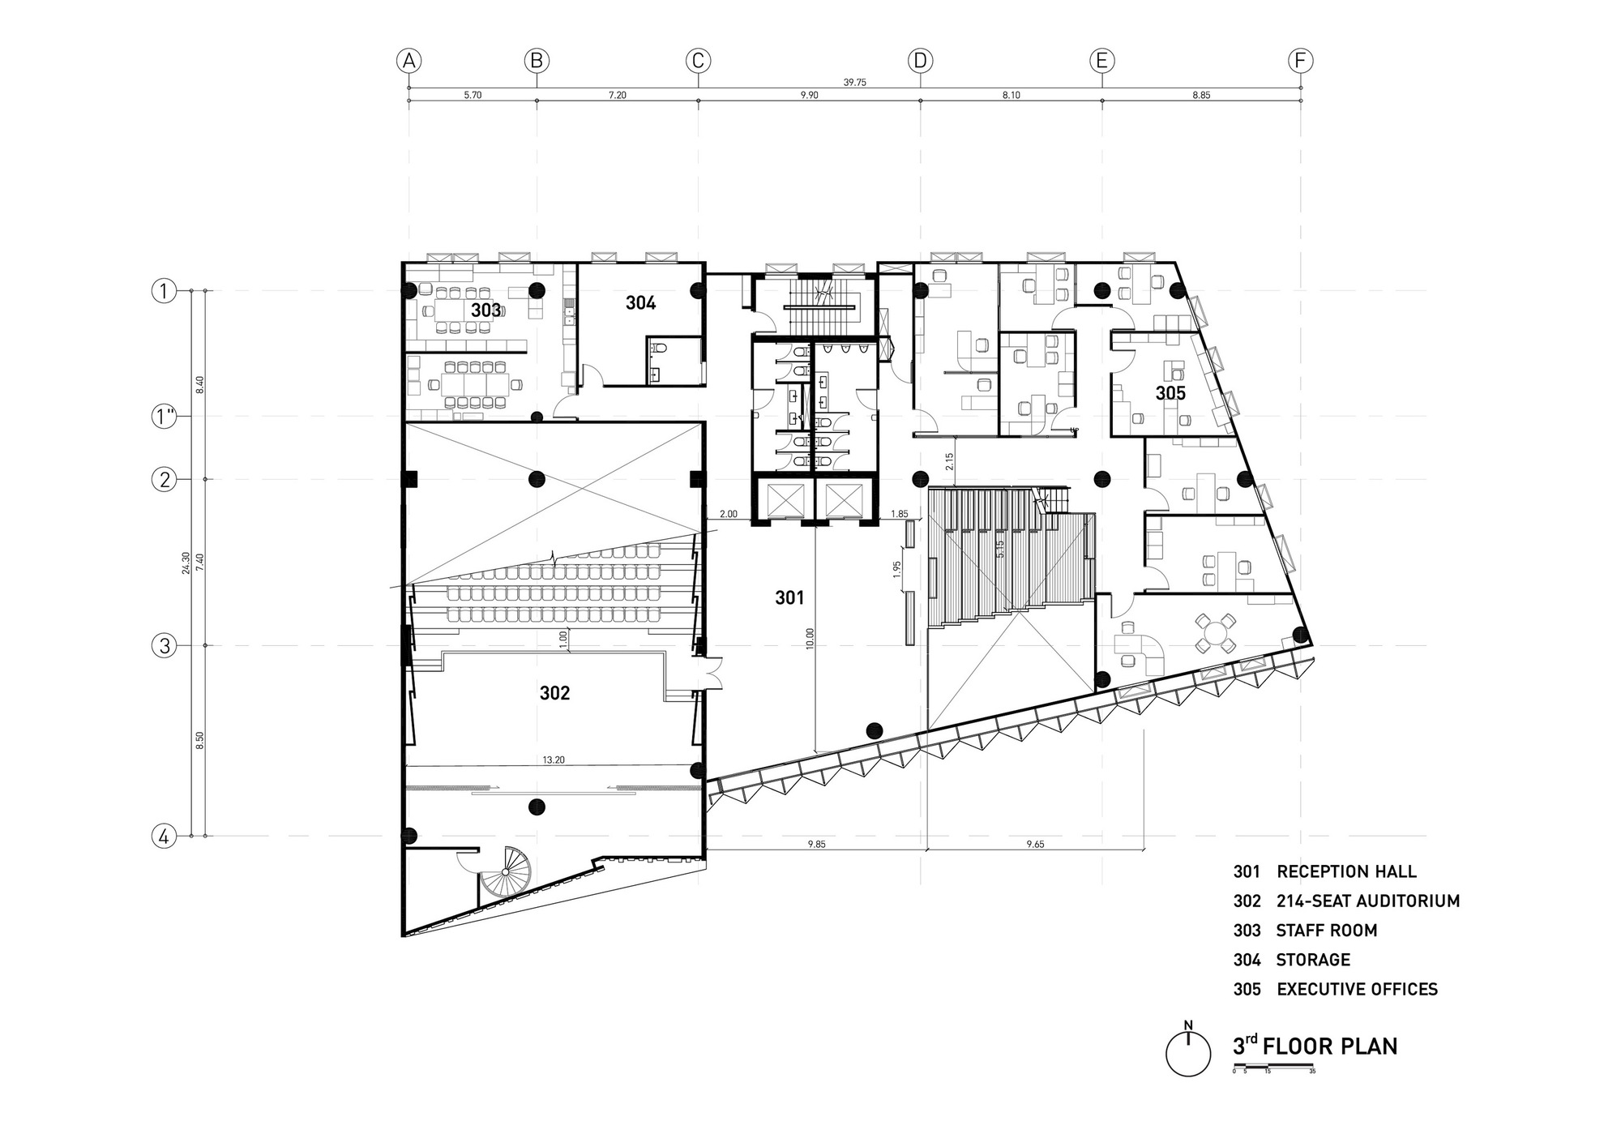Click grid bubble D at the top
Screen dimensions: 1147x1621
point(920,61)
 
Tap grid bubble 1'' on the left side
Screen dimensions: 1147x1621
point(165,417)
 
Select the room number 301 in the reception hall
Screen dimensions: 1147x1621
point(789,598)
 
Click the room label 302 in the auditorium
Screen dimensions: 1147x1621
point(554,693)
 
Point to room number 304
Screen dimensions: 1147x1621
point(640,303)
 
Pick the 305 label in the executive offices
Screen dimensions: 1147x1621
point(1170,394)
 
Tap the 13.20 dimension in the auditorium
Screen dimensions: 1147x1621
point(554,760)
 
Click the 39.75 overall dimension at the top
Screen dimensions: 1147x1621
point(854,82)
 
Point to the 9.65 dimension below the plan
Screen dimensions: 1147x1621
point(1035,844)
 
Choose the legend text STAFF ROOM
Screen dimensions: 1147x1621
point(1326,931)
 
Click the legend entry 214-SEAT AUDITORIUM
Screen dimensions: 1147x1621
point(1367,901)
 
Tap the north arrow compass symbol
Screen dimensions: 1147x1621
point(1188,1053)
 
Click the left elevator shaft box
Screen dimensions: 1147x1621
point(779,499)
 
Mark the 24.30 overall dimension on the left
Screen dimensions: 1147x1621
point(186,563)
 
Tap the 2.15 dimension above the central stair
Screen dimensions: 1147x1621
point(949,461)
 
